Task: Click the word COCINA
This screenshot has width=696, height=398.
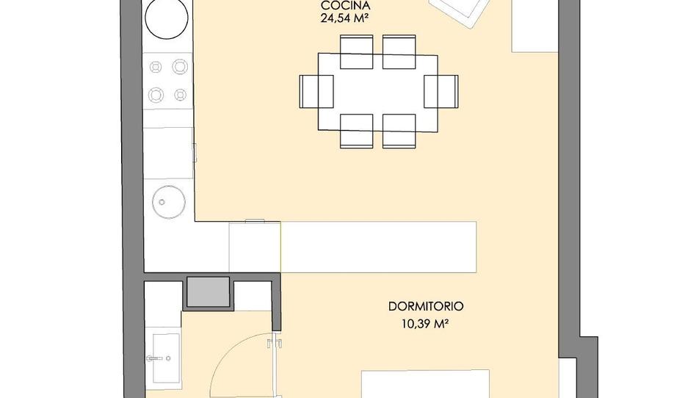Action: [x=345, y=6]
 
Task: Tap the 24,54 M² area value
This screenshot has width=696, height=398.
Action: [x=345, y=18]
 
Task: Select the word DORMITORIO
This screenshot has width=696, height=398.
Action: [x=426, y=306]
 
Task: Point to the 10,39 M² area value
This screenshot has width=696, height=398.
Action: [x=424, y=325]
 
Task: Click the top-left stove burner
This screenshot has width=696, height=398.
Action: [x=156, y=67]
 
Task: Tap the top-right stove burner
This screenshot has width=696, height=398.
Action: [x=180, y=67]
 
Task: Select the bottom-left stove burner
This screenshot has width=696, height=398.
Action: [x=156, y=95]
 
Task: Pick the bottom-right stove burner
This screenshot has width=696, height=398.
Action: [x=180, y=95]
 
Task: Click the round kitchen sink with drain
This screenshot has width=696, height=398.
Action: [x=169, y=202]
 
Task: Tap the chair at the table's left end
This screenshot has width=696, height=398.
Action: [x=316, y=92]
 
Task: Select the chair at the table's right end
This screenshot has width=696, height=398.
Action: [x=441, y=92]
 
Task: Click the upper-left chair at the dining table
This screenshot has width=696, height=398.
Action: [x=356, y=52]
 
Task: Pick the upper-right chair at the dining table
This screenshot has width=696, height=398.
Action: [x=399, y=52]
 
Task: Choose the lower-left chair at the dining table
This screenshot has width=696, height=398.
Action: [x=356, y=131]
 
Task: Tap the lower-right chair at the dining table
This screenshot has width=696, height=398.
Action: [x=399, y=131]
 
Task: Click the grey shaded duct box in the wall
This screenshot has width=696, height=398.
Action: [x=209, y=292]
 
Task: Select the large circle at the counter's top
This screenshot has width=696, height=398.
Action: [x=167, y=18]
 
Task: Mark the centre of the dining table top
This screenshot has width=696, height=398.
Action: [x=378, y=92]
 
